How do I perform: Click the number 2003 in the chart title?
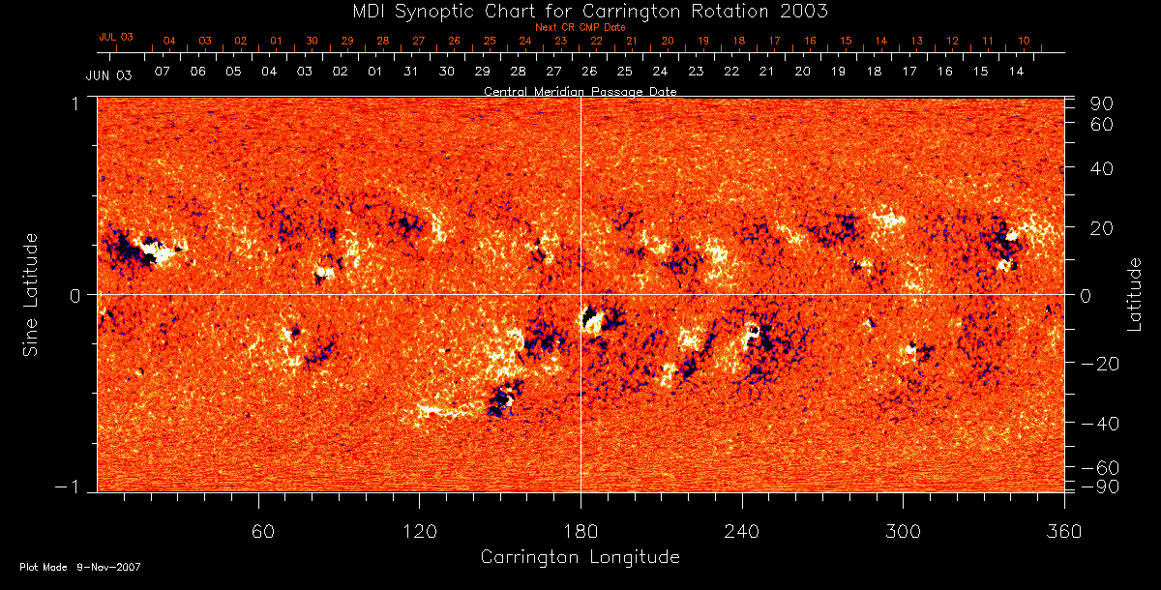point(801,11)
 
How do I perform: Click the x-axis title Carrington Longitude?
point(580,557)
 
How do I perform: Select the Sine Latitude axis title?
point(31,294)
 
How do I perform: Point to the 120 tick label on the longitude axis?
point(420,531)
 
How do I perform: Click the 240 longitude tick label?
point(742,531)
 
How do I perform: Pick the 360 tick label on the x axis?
point(1064,531)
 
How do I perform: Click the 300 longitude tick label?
point(903,531)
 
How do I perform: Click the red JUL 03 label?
point(115,37)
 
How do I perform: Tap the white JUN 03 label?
point(108,74)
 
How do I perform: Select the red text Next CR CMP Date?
point(580,27)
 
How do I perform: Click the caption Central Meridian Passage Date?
point(580,91)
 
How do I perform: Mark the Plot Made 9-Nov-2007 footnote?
point(80,567)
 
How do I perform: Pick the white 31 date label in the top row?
point(411,73)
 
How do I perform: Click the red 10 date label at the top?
point(1024,41)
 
